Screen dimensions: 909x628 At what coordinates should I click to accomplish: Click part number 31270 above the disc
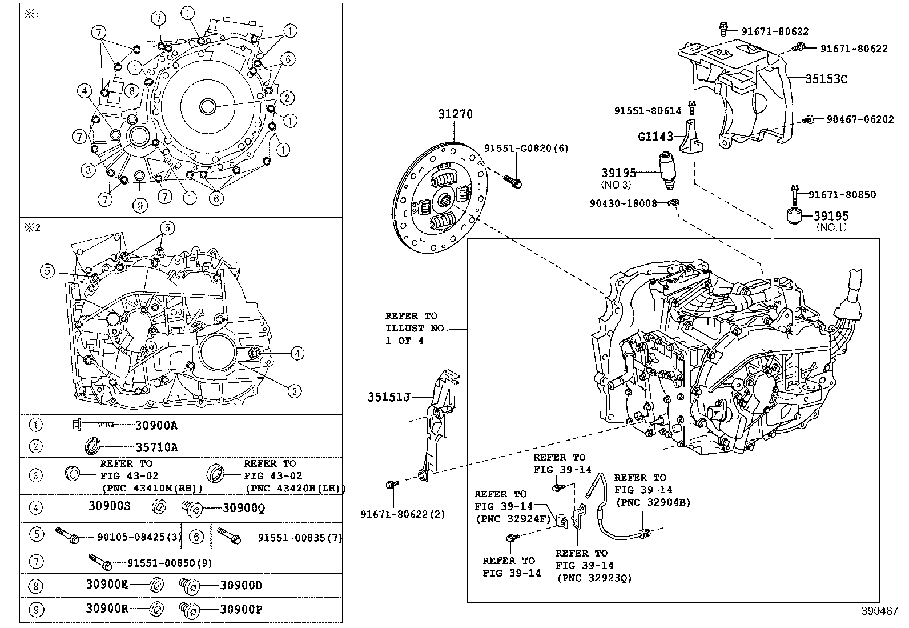point(455,115)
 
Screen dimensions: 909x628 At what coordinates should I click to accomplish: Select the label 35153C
point(826,79)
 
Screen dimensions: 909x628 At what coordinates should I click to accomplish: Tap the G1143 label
point(655,137)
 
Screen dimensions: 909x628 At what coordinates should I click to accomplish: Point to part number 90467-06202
point(860,120)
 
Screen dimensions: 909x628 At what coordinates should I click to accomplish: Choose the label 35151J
point(389,396)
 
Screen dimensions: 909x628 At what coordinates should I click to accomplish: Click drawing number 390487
point(880,610)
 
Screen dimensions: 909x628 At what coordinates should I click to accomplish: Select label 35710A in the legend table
point(156,447)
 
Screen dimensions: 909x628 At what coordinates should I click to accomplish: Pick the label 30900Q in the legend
point(244,508)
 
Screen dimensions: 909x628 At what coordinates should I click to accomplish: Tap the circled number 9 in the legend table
point(36,610)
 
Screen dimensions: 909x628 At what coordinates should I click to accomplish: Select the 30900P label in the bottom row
point(241,610)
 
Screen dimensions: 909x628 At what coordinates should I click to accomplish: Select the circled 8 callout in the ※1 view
point(131,90)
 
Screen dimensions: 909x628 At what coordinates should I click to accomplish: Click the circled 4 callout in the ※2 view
point(296,354)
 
